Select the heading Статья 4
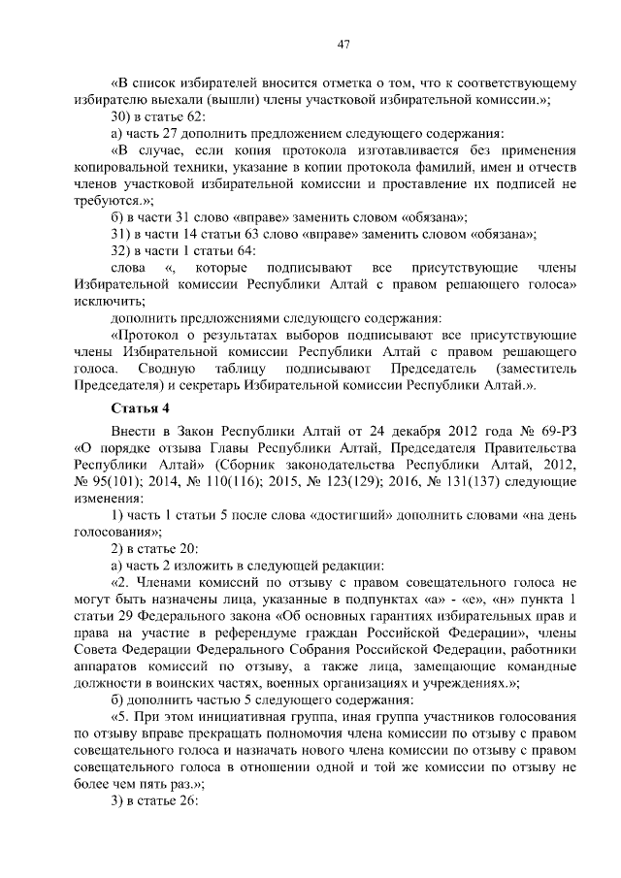(x=143, y=406)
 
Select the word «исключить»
(x=103, y=301)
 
